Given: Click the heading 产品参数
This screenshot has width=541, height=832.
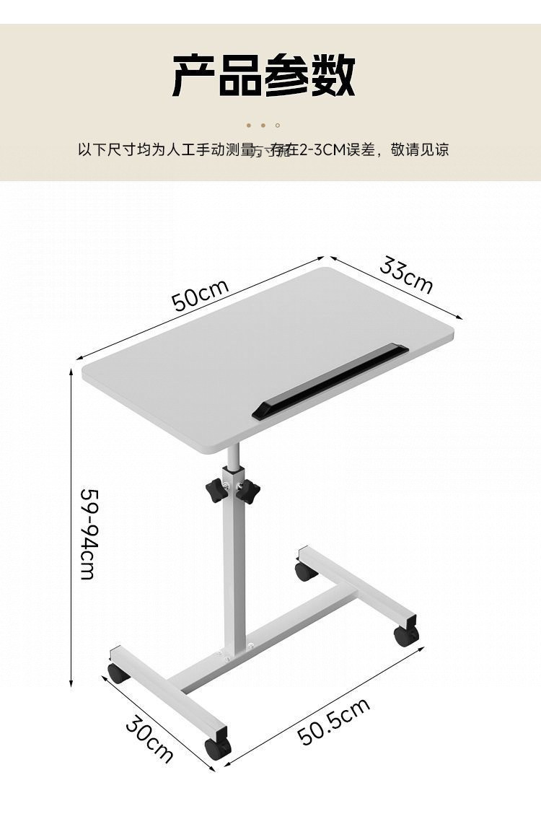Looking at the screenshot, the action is pos(263,76).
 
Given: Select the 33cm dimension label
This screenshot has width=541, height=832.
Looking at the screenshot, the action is pos(406,276).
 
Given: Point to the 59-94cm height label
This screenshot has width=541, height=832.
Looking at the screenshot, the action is pos(87,534).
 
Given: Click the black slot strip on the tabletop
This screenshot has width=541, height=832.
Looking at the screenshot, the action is pos(330,382).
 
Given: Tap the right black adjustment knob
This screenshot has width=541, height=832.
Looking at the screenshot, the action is pos(247,492).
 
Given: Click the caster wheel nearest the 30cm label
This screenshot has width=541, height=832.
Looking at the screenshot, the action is pos(217,748).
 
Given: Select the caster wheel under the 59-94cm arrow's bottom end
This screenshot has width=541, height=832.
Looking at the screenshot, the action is pos(119,673).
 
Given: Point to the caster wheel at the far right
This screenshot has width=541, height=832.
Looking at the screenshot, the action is pos(405,635).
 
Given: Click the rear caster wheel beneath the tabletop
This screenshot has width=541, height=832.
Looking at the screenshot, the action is pos(306,572).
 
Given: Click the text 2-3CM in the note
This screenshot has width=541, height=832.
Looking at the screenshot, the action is pos(320,150).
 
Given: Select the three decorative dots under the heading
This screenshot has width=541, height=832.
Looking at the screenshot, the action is pos(263,126).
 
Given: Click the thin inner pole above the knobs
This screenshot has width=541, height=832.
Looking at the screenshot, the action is pos(233,456).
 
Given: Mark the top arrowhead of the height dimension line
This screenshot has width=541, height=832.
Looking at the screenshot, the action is pos(71,372).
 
